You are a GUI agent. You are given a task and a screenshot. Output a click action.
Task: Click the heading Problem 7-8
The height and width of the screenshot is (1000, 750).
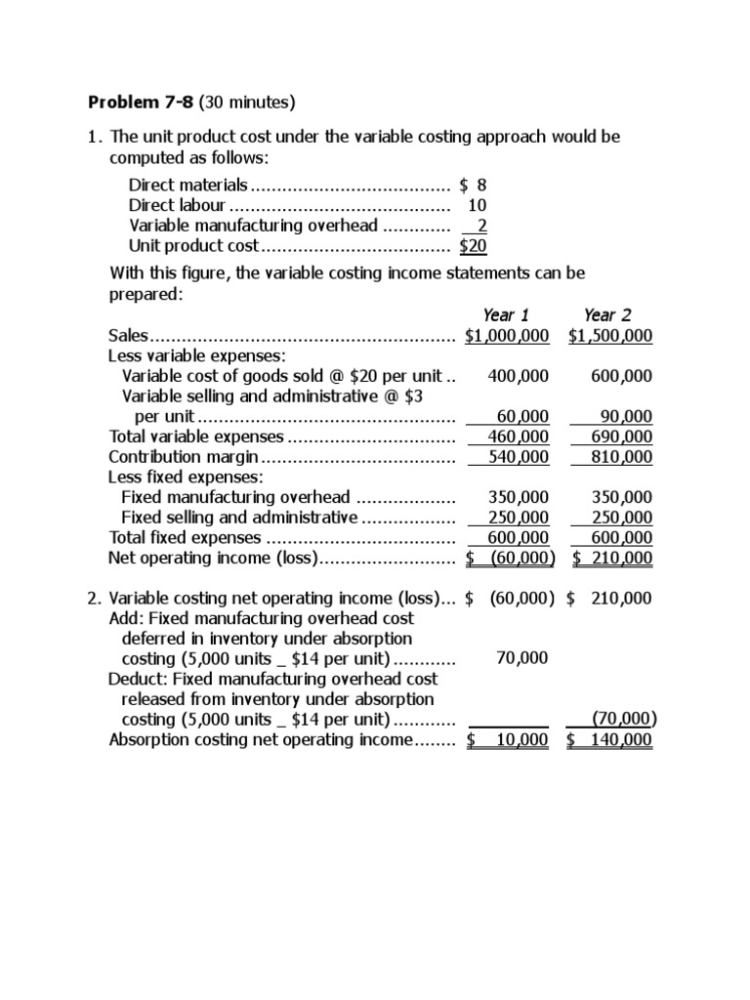141,102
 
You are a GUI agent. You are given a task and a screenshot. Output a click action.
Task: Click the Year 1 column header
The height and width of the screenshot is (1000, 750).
506,314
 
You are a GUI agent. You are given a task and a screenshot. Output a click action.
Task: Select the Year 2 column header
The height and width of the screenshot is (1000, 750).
607,314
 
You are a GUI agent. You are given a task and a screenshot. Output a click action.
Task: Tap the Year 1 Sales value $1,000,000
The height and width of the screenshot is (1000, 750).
507,336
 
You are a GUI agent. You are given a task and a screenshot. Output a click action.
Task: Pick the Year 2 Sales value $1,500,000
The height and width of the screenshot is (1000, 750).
610,336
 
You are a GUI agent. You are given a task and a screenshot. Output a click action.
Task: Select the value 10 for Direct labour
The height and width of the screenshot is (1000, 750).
477,205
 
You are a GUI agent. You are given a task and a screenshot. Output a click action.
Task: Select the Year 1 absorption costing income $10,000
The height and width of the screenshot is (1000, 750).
508,739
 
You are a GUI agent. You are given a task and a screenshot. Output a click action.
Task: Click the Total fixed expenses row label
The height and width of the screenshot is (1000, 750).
186,537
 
